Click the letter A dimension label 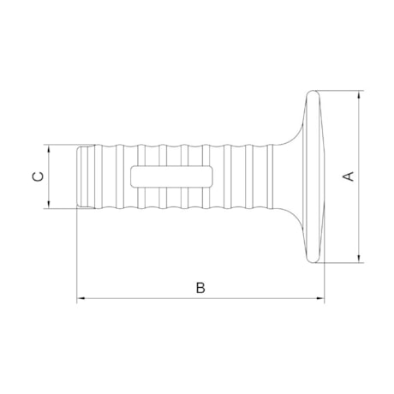pos(348,176)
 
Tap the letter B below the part pos(200,287)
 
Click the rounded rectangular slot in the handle pos(172,176)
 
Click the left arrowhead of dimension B pos(81,299)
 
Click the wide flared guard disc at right pos(314,176)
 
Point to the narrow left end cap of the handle pos(83,176)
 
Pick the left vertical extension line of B pos(77,257)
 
